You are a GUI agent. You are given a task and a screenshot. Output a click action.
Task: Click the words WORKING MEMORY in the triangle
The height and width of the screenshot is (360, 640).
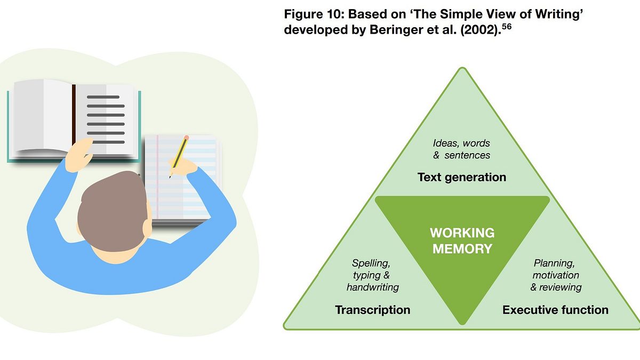click(462, 241)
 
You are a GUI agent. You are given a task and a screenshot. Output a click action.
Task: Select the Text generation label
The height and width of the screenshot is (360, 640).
click(461, 177)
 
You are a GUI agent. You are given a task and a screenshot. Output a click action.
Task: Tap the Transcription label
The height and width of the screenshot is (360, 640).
click(372, 310)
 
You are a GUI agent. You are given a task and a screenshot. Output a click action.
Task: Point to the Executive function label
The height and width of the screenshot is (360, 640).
click(555, 310)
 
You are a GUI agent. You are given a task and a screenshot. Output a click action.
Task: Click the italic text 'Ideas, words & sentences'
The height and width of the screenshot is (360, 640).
click(461, 149)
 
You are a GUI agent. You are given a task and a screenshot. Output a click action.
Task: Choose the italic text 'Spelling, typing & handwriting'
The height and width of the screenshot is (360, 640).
click(372, 275)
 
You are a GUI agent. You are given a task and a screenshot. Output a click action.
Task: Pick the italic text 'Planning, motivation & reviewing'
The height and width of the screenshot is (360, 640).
click(556, 275)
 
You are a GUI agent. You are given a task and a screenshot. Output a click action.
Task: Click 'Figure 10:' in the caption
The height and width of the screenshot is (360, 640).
click(312, 13)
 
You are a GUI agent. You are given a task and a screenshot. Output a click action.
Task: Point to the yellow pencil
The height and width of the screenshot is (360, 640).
click(179, 155)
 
